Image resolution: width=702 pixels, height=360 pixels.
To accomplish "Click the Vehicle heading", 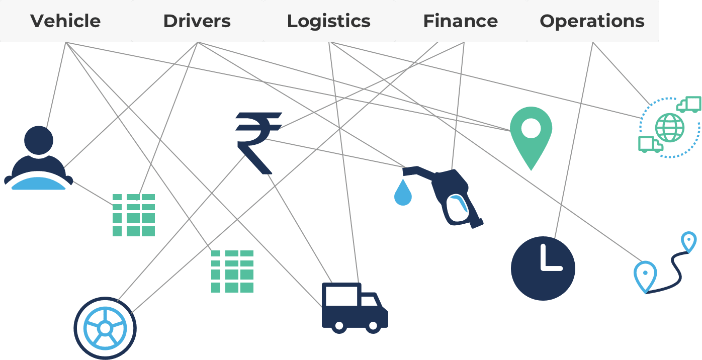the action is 65,21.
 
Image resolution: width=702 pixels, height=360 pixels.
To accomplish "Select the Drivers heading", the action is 197,21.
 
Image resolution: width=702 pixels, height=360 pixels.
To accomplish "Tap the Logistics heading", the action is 329,21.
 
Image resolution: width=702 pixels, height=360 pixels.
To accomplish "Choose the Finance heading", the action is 461,21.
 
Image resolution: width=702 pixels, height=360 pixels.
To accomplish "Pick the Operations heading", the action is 592,21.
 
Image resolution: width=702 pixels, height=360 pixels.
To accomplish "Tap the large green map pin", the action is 531,138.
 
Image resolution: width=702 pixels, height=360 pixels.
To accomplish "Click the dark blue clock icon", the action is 543,268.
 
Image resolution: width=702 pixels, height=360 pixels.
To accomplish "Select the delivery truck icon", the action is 355,308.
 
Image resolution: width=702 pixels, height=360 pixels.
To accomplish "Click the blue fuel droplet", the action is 403,193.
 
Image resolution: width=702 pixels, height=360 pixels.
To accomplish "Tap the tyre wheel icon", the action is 105,328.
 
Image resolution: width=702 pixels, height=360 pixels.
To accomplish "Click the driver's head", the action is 39,140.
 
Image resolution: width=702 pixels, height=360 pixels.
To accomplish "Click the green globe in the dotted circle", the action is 670,128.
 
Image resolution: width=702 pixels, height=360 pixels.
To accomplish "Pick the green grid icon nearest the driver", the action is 133,215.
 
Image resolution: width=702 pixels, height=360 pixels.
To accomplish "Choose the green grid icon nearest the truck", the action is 232,272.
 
